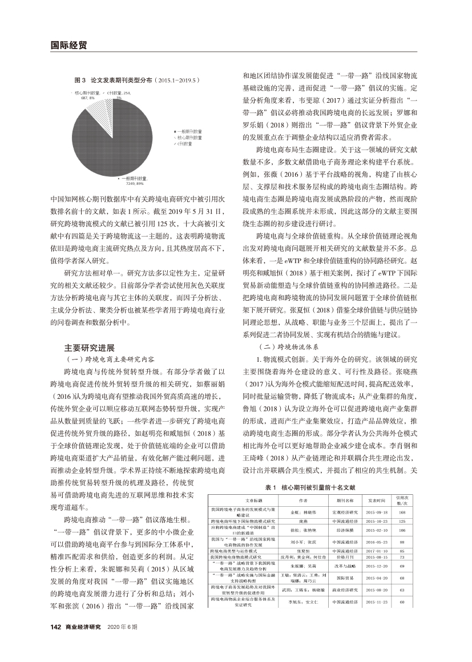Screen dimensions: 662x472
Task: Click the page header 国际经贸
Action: (64, 43)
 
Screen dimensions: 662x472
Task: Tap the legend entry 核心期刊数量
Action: (191, 138)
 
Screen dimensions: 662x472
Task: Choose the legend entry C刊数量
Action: (188, 145)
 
